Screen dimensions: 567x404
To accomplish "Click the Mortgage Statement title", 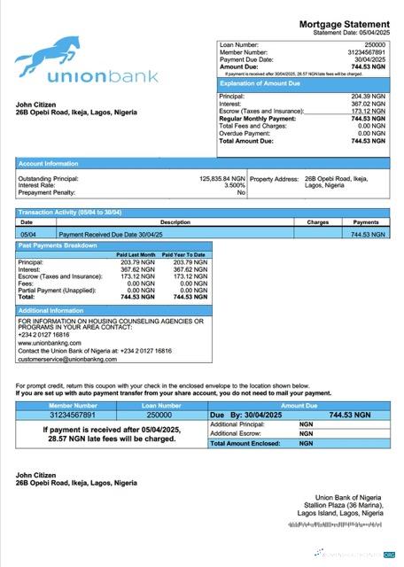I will pyautogui.click(x=344, y=24).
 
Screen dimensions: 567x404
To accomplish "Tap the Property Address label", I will pyautogui.click(x=274, y=178).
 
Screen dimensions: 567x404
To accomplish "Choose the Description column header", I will pyautogui.click(x=175, y=221).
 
